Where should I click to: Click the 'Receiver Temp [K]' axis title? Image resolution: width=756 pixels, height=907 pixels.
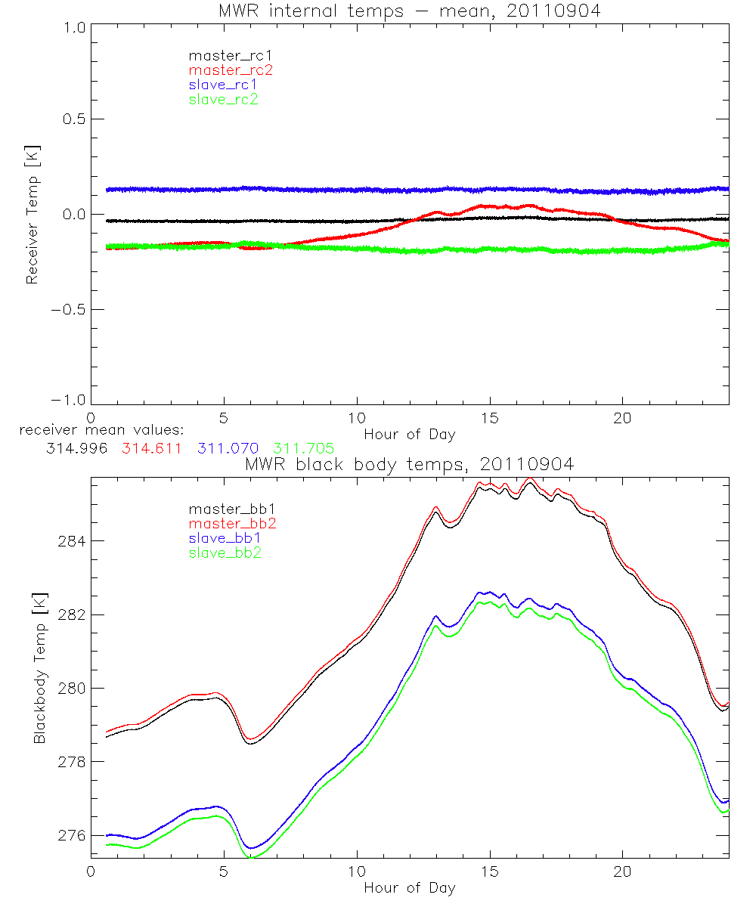(x=32, y=215)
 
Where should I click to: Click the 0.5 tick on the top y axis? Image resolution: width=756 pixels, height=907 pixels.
(x=73, y=119)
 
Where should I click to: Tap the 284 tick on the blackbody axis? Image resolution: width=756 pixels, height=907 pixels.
(x=72, y=541)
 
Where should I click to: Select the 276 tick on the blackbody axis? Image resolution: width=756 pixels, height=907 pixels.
(x=72, y=835)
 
